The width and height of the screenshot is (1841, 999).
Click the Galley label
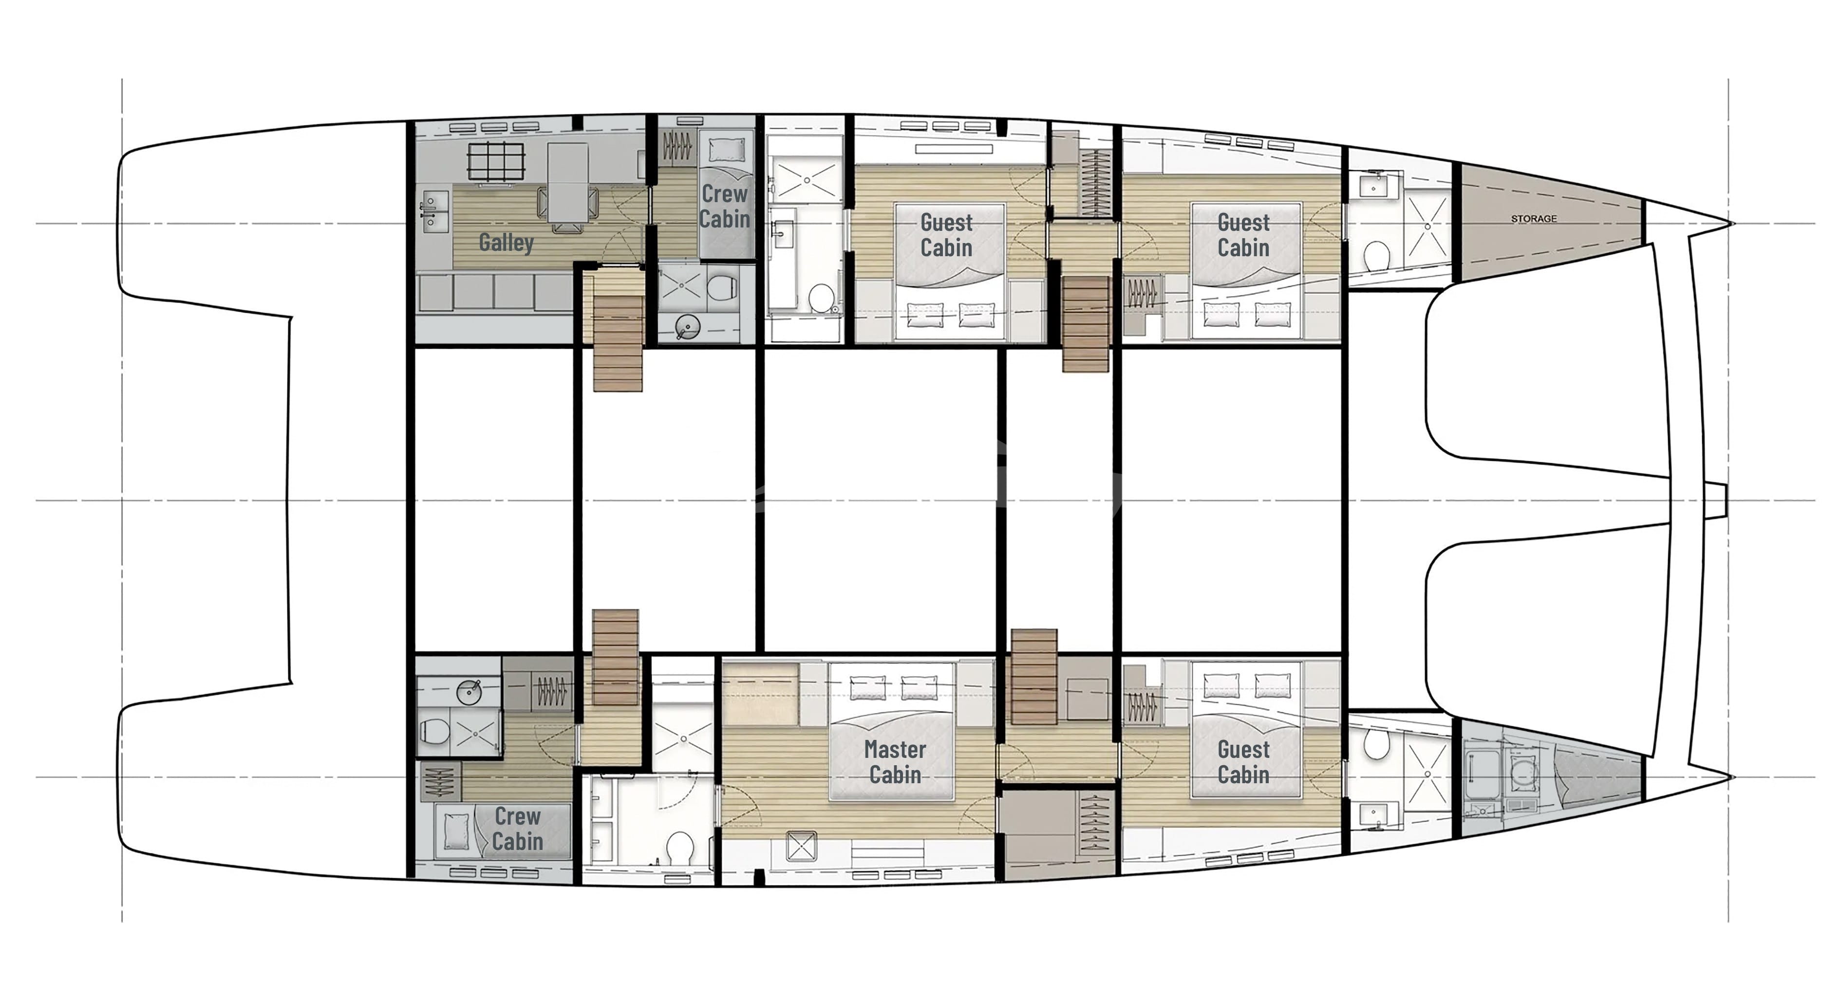click(x=506, y=242)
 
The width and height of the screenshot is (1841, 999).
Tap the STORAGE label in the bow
click(x=1534, y=219)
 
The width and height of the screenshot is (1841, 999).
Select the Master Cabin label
click(x=895, y=762)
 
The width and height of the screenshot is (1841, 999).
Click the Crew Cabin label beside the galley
click(x=724, y=206)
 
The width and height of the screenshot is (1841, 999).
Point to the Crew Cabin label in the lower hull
click(x=517, y=828)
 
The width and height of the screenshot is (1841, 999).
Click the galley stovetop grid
click(x=496, y=162)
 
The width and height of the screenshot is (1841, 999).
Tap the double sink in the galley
click(x=432, y=211)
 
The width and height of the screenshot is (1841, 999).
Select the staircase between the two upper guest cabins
click(x=1085, y=324)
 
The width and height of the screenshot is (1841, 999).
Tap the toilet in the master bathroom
click(x=679, y=848)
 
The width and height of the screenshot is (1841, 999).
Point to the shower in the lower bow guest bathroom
click(x=1427, y=773)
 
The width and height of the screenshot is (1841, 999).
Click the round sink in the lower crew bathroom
click(x=469, y=691)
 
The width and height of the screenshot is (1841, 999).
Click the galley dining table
click(x=567, y=182)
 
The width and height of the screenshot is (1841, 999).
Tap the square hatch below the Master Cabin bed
click(x=800, y=847)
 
